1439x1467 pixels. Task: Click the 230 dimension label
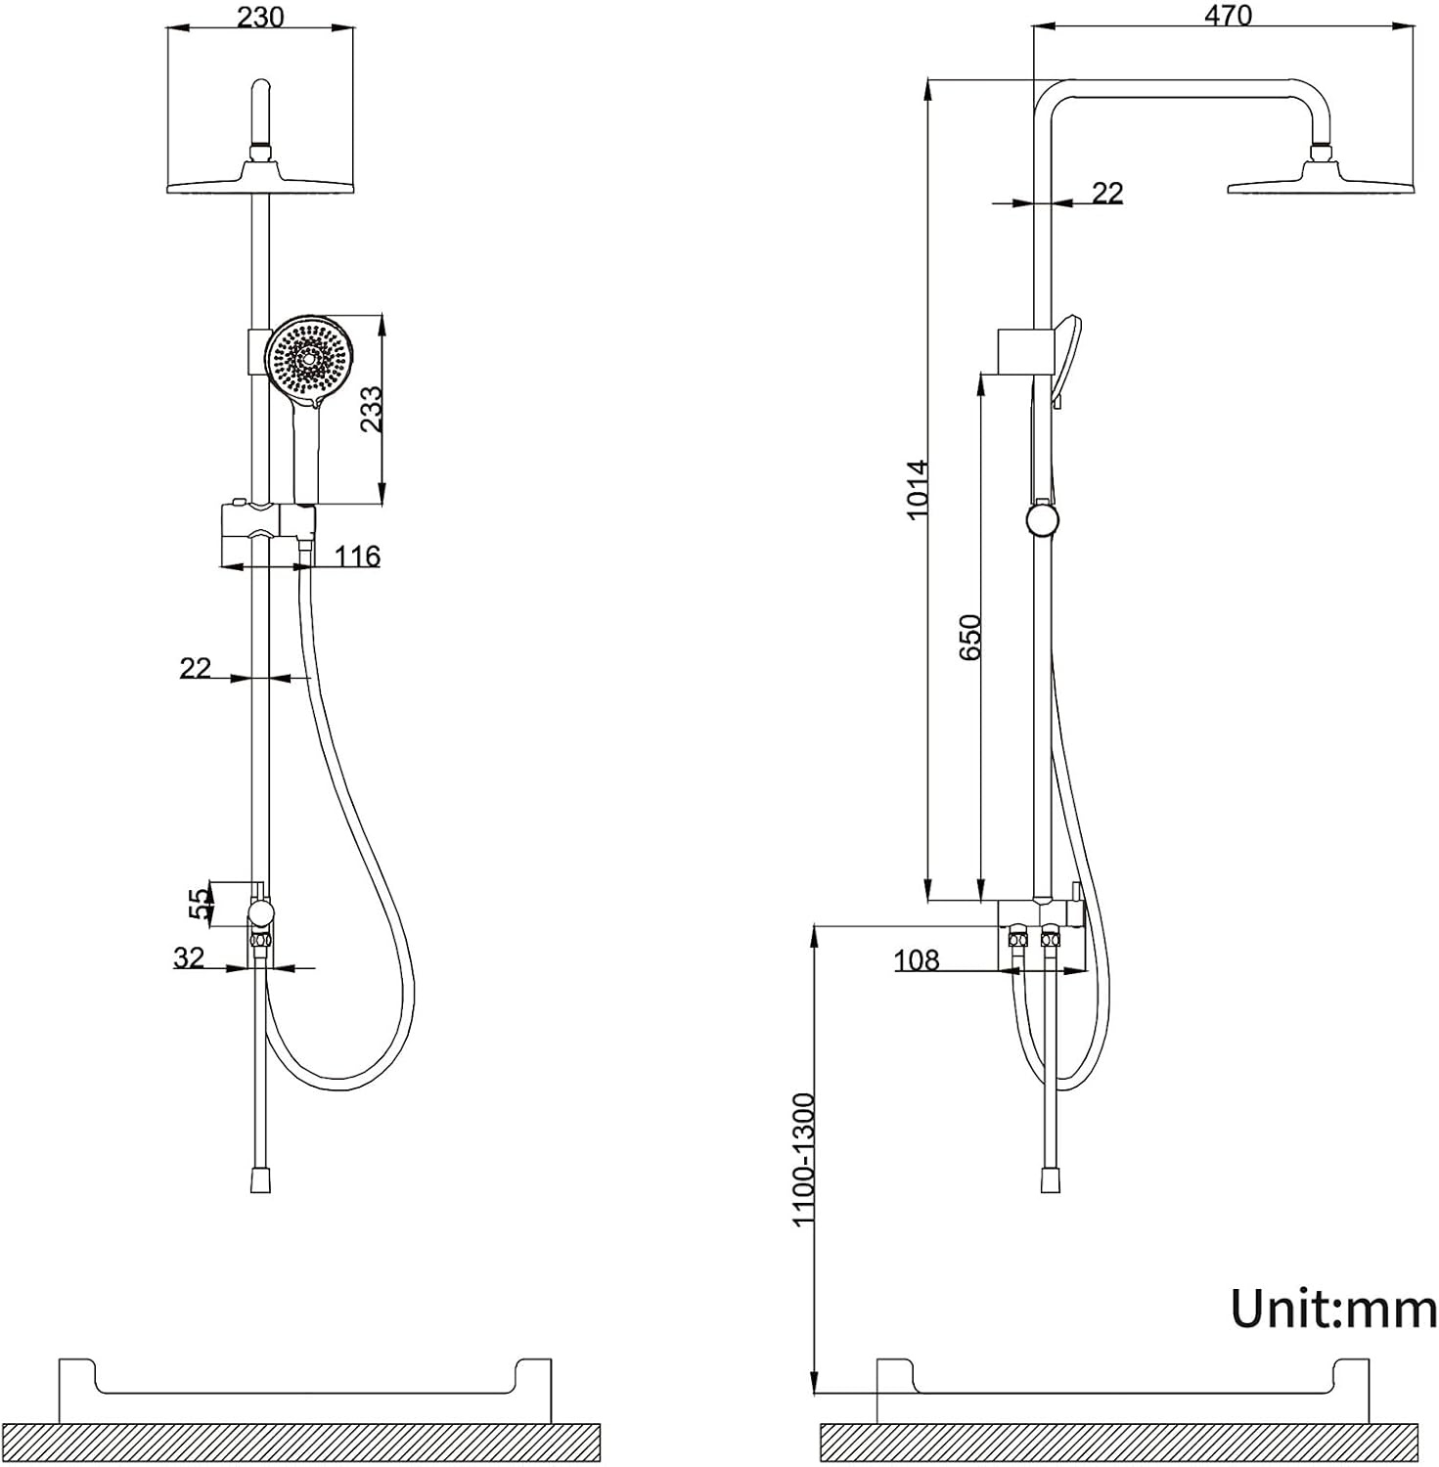click(x=260, y=18)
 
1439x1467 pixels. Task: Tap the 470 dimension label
click(x=1228, y=16)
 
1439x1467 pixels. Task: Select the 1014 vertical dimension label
click(x=917, y=489)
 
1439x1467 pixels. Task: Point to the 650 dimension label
click(x=969, y=636)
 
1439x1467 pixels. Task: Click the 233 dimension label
click(x=371, y=409)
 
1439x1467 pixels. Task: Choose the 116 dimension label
click(x=357, y=556)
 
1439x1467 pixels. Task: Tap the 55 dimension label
click(x=199, y=903)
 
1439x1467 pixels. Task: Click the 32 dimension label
click(x=189, y=957)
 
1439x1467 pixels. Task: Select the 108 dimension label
click(x=916, y=960)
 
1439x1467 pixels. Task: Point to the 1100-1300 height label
click(x=803, y=1159)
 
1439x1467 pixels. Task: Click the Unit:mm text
click(x=1333, y=1308)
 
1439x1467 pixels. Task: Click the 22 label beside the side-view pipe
click(x=1107, y=193)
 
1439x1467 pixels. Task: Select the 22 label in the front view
click(x=196, y=668)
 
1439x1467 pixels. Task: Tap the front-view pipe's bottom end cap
click(x=260, y=1179)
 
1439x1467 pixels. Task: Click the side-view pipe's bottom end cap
click(x=1051, y=1179)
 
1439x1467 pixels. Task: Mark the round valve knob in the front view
click(x=260, y=913)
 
